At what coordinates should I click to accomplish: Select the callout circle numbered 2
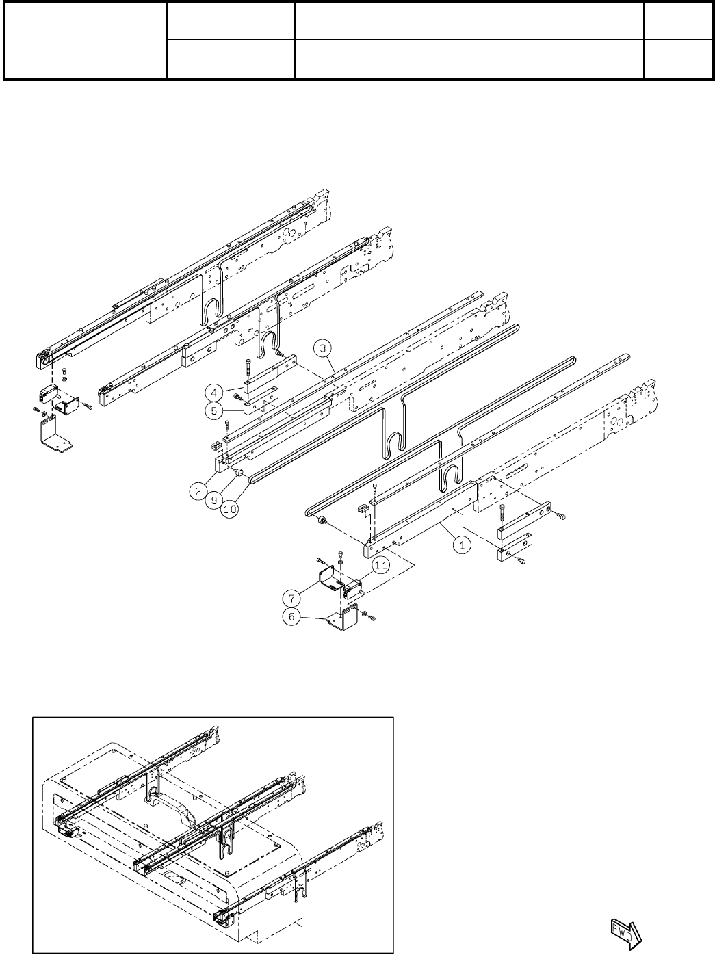coord(198,490)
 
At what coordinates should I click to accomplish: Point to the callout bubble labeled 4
coord(214,393)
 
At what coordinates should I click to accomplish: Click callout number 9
coord(214,500)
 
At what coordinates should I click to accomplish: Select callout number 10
coord(230,510)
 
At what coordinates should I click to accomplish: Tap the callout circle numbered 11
coord(381,566)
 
